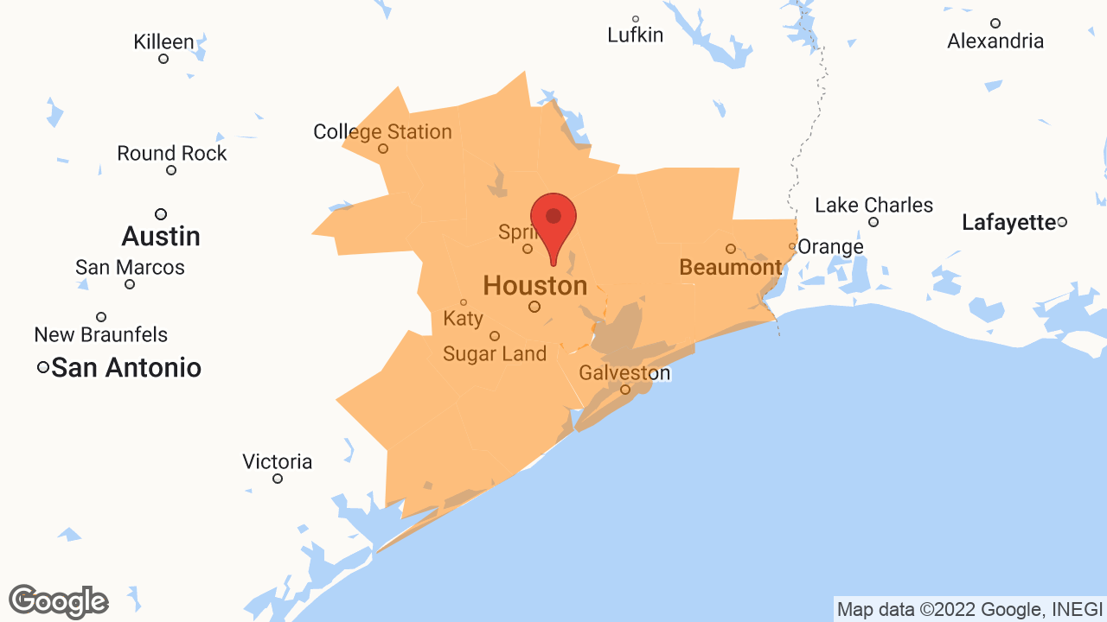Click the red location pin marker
[553, 221]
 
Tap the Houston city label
[534, 285]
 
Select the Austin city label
[161, 236]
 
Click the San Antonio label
[126, 368]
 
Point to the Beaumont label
[730, 267]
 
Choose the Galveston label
[624, 373]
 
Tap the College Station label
[382, 132]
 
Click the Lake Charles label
[873, 206]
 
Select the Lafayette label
[1008, 223]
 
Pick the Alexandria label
[995, 41]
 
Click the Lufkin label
[635, 35]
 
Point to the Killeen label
[163, 41]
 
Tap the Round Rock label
[171, 154]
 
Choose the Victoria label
[277, 461]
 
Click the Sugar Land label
[495, 353]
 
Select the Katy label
[463, 318]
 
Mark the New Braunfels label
[101, 334]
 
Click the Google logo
[58, 601]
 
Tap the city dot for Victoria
[278, 479]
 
